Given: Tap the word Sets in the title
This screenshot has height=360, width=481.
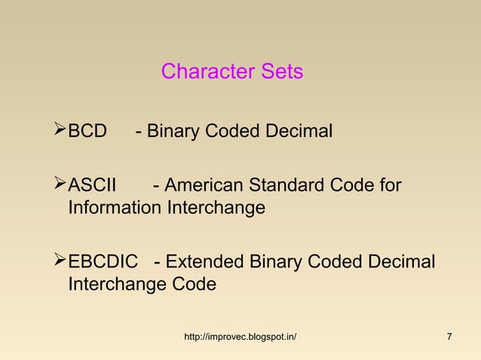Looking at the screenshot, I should pos(281,72).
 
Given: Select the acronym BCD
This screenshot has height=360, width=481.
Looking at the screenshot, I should pos(88,133).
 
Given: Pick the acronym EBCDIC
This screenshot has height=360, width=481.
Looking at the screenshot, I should pos(103,263).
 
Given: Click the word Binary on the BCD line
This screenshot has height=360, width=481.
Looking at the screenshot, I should pos(173,133).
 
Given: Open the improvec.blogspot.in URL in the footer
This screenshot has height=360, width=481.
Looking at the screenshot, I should pos(240,336).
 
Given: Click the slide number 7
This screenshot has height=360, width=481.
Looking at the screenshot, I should pos(449,336).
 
